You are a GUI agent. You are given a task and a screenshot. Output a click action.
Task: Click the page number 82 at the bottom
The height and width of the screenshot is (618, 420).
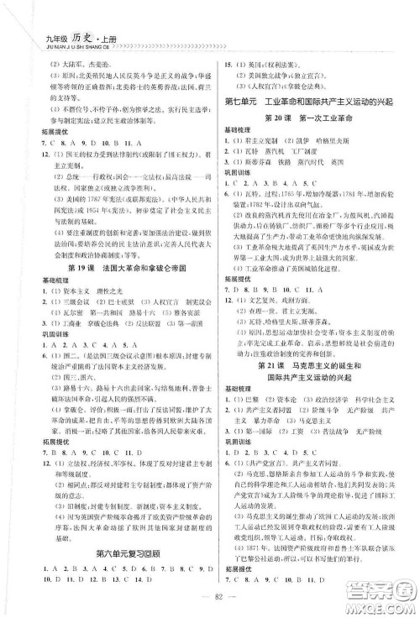point(210,602)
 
